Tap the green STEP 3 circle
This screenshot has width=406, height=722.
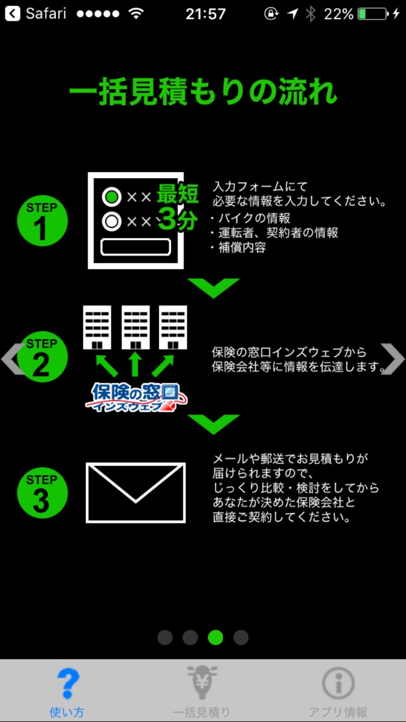(x=42, y=493)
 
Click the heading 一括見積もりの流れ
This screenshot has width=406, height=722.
(x=203, y=93)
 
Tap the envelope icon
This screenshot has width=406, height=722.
(x=136, y=493)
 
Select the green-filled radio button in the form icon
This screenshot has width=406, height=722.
(x=111, y=197)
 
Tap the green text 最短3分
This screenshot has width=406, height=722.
(x=178, y=206)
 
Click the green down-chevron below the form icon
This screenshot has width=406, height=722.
(x=213, y=287)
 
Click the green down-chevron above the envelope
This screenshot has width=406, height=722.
(x=213, y=423)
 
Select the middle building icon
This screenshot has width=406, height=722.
(x=136, y=327)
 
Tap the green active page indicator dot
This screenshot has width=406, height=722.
(x=216, y=637)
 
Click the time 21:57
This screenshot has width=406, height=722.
(x=205, y=13)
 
